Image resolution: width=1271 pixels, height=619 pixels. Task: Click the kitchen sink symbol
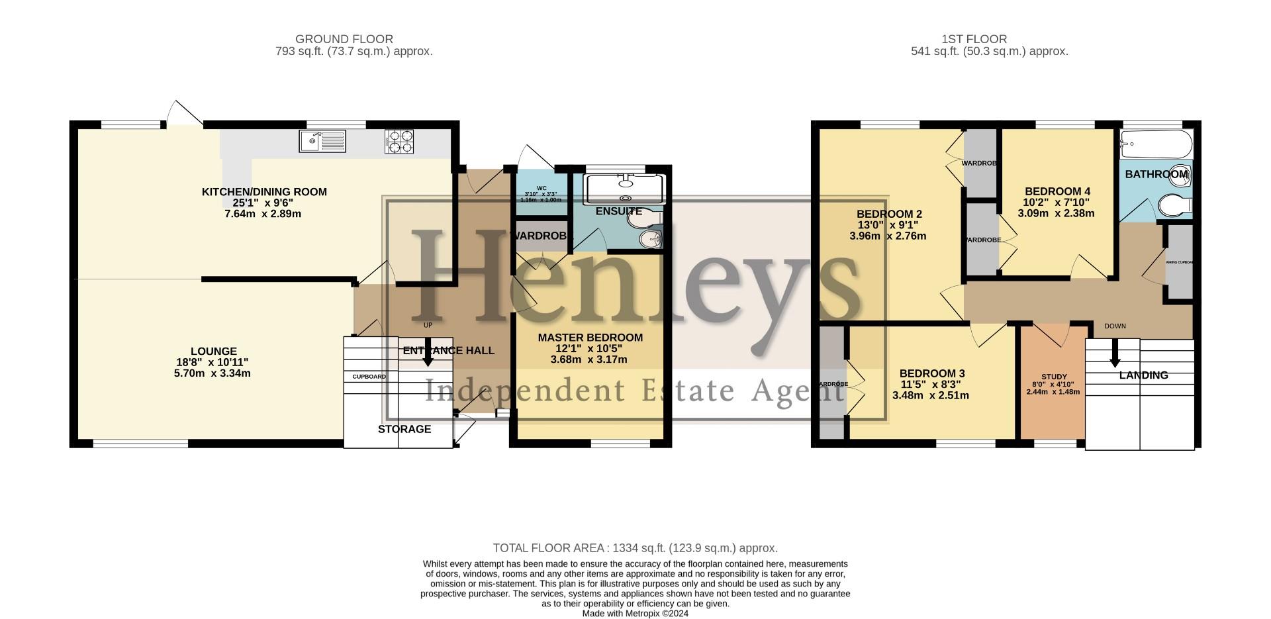pyautogui.click(x=322, y=141)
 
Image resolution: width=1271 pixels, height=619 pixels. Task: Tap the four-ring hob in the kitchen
pyautogui.click(x=399, y=141)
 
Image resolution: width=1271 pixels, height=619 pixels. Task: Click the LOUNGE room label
pyautogui.click(x=213, y=352)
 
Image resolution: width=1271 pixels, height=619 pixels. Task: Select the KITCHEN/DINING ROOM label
pyautogui.click(x=264, y=192)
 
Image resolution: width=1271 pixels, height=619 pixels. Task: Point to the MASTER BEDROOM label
pyautogui.click(x=590, y=338)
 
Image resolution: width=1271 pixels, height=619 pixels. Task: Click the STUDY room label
pyautogui.click(x=1053, y=377)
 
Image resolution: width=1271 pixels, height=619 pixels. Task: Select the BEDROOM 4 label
pyautogui.click(x=1057, y=191)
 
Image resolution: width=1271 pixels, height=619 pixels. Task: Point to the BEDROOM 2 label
pyautogui.click(x=889, y=214)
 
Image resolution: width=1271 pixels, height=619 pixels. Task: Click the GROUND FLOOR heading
pyautogui.click(x=344, y=39)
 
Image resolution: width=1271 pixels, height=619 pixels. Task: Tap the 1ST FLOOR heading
pyautogui.click(x=974, y=39)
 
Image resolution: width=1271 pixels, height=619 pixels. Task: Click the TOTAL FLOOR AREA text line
pyautogui.click(x=635, y=548)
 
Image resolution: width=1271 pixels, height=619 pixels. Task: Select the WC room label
pyautogui.click(x=541, y=188)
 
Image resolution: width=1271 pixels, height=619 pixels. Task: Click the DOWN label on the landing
pyautogui.click(x=1115, y=326)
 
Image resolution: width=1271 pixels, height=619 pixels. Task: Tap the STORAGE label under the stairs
pyautogui.click(x=404, y=429)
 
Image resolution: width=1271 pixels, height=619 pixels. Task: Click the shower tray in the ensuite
pyautogui.click(x=624, y=189)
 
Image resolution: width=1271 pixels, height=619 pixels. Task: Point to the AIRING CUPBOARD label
pyautogui.click(x=1180, y=262)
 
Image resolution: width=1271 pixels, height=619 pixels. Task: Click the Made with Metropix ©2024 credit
pyautogui.click(x=635, y=614)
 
